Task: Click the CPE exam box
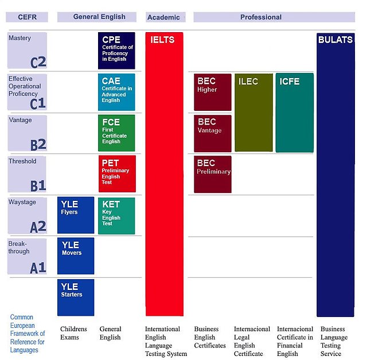pos(116,51)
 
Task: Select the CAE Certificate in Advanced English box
pos(116,91)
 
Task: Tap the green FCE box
pos(116,133)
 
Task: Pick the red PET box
pos(116,173)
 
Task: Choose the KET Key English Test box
pos(116,215)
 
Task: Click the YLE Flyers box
pos(76,215)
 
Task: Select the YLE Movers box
pos(76,256)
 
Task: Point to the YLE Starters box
pos(76,297)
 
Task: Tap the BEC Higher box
pos(213,92)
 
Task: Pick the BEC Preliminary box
pos(213,174)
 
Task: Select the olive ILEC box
pos(253,113)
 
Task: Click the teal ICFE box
pos(295,113)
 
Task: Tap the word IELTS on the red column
pos(162,40)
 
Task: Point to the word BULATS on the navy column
pos(335,40)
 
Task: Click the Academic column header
pos(164,17)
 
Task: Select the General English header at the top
pos(99,17)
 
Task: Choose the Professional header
pos(261,17)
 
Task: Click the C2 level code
pos(38,61)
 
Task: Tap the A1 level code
pos(38,267)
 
